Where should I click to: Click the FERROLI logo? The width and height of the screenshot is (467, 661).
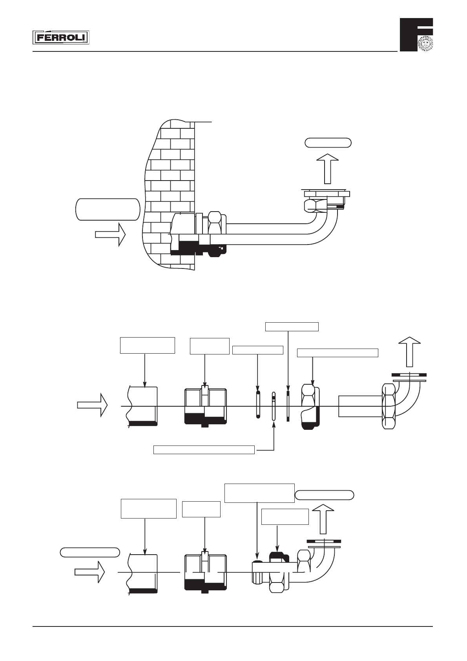[x=60, y=38]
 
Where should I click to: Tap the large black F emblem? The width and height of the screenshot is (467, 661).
[x=416, y=34]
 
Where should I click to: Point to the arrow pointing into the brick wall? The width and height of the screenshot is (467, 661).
[x=110, y=234]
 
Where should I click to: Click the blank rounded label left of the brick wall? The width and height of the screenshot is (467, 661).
[x=107, y=209]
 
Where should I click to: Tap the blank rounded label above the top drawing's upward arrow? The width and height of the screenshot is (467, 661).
[x=328, y=142]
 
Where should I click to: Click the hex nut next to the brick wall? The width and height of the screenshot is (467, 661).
[x=215, y=234]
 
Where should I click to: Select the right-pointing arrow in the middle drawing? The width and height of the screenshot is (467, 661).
[x=92, y=405]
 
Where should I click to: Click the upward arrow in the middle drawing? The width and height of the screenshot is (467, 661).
[x=410, y=351]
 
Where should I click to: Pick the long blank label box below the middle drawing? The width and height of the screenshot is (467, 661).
[x=204, y=450]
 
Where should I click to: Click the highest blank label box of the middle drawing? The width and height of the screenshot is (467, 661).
[x=292, y=327]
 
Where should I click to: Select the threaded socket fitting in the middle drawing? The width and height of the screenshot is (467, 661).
[x=205, y=406]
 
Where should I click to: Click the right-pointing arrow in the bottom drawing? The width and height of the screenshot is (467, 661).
[x=90, y=572]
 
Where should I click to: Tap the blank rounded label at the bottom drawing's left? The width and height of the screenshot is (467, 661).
[x=89, y=552]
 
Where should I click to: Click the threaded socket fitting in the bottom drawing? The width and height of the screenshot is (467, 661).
[x=205, y=572]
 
